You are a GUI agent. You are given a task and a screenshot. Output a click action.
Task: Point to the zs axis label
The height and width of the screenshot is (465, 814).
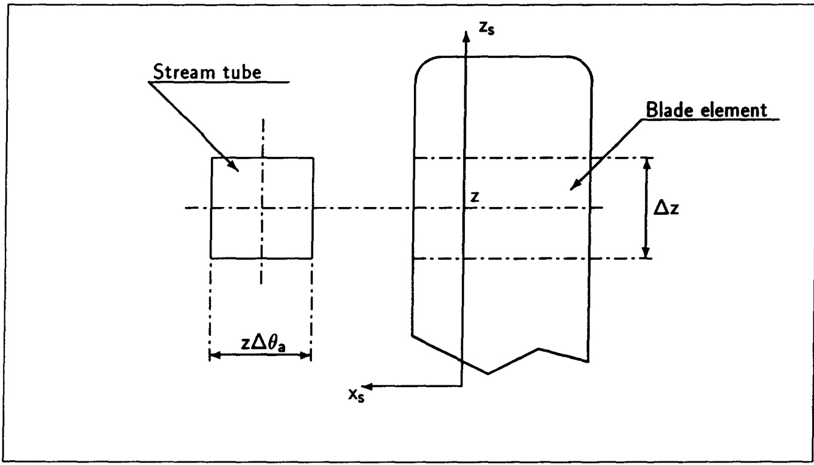[x=486, y=28]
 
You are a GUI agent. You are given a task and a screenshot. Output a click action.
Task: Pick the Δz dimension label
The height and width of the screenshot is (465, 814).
[x=666, y=208]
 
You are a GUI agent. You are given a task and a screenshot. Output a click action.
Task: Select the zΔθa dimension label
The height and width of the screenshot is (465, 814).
[x=263, y=343]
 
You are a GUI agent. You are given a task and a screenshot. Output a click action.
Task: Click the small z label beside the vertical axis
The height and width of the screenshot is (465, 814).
[x=474, y=197]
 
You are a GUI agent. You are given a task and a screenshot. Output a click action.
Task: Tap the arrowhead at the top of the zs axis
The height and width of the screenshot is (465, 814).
[x=465, y=37]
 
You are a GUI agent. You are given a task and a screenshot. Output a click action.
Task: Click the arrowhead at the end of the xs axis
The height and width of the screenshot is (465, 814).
[x=367, y=386]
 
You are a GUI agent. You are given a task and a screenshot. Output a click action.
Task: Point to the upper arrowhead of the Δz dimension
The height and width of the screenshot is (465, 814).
[x=646, y=164]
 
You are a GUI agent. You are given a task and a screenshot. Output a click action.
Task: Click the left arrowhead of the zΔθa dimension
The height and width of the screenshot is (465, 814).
[x=216, y=355]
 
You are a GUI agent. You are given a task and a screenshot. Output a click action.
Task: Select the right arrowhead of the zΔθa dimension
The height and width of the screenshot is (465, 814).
[x=305, y=355]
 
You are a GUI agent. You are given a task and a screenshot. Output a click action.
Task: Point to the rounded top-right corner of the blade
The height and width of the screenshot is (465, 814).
[x=585, y=65]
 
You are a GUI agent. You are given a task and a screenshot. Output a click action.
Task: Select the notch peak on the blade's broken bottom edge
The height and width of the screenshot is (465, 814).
[x=538, y=349]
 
